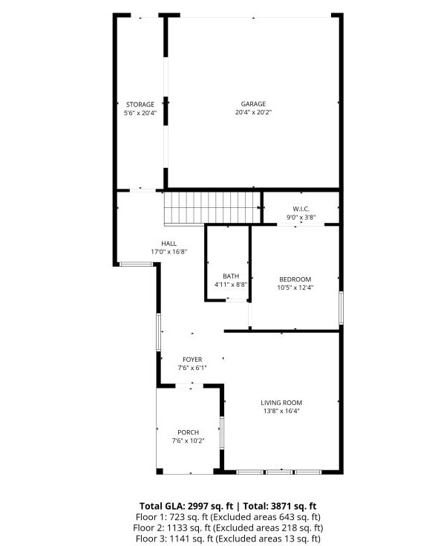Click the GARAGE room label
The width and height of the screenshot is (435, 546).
(x=253, y=104)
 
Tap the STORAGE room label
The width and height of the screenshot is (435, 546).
(x=140, y=105)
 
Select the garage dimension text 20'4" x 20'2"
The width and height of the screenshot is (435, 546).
(x=253, y=113)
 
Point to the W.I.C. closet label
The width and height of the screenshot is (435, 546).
(x=301, y=209)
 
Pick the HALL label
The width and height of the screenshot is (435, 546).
(x=169, y=243)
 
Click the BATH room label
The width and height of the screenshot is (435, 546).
(x=231, y=276)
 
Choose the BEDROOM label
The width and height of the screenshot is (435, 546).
(x=295, y=279)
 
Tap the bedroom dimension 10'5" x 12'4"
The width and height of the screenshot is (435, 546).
(x=295, y=288)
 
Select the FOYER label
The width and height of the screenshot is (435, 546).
(x=192, y=360)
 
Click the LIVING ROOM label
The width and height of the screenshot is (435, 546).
(x=282, y=403)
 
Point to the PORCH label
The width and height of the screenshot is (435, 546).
(x=188, y=432)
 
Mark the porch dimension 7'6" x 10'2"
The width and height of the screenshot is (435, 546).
(x=188, y=441)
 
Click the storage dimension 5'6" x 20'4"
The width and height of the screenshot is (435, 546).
(x=140, y=114)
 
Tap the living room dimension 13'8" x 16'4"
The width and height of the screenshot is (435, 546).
(x=282, y=412)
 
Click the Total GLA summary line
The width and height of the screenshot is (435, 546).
(x=228, y=505)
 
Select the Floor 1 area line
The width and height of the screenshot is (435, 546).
(x=228, y=516)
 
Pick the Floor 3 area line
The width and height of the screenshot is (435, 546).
(x=228, y=539)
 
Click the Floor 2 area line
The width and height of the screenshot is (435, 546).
(x=228, y=527)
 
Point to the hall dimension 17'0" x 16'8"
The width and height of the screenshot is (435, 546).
(x=169, y=252)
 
